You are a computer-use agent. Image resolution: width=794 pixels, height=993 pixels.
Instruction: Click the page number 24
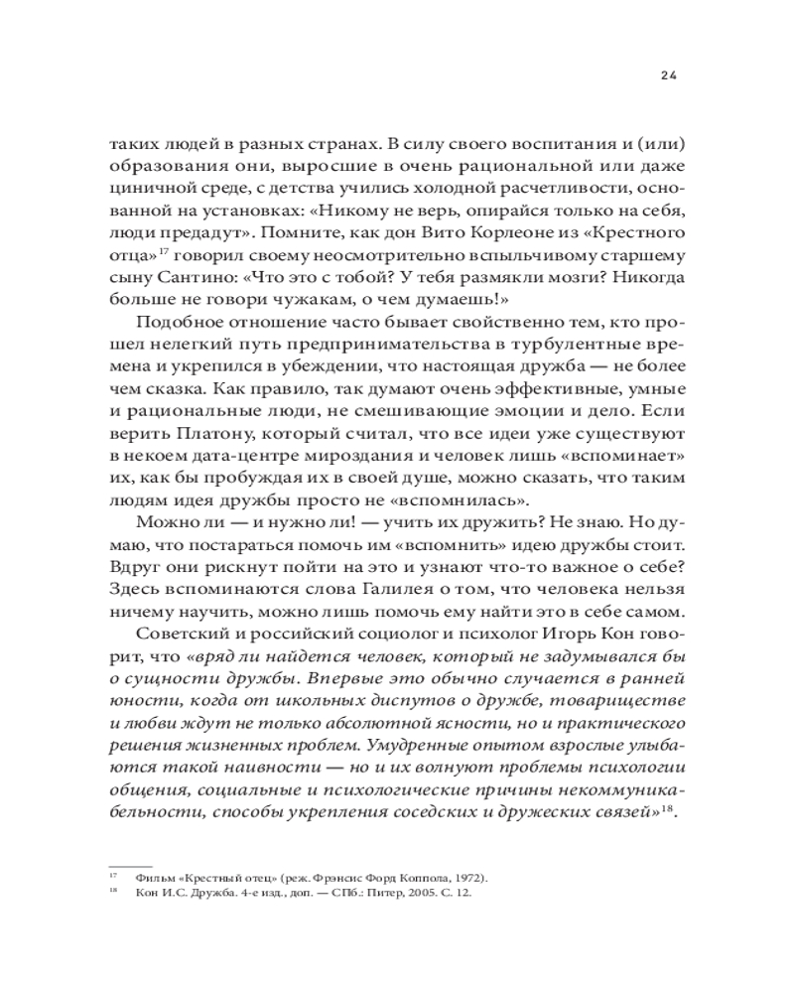click(668, 75)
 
